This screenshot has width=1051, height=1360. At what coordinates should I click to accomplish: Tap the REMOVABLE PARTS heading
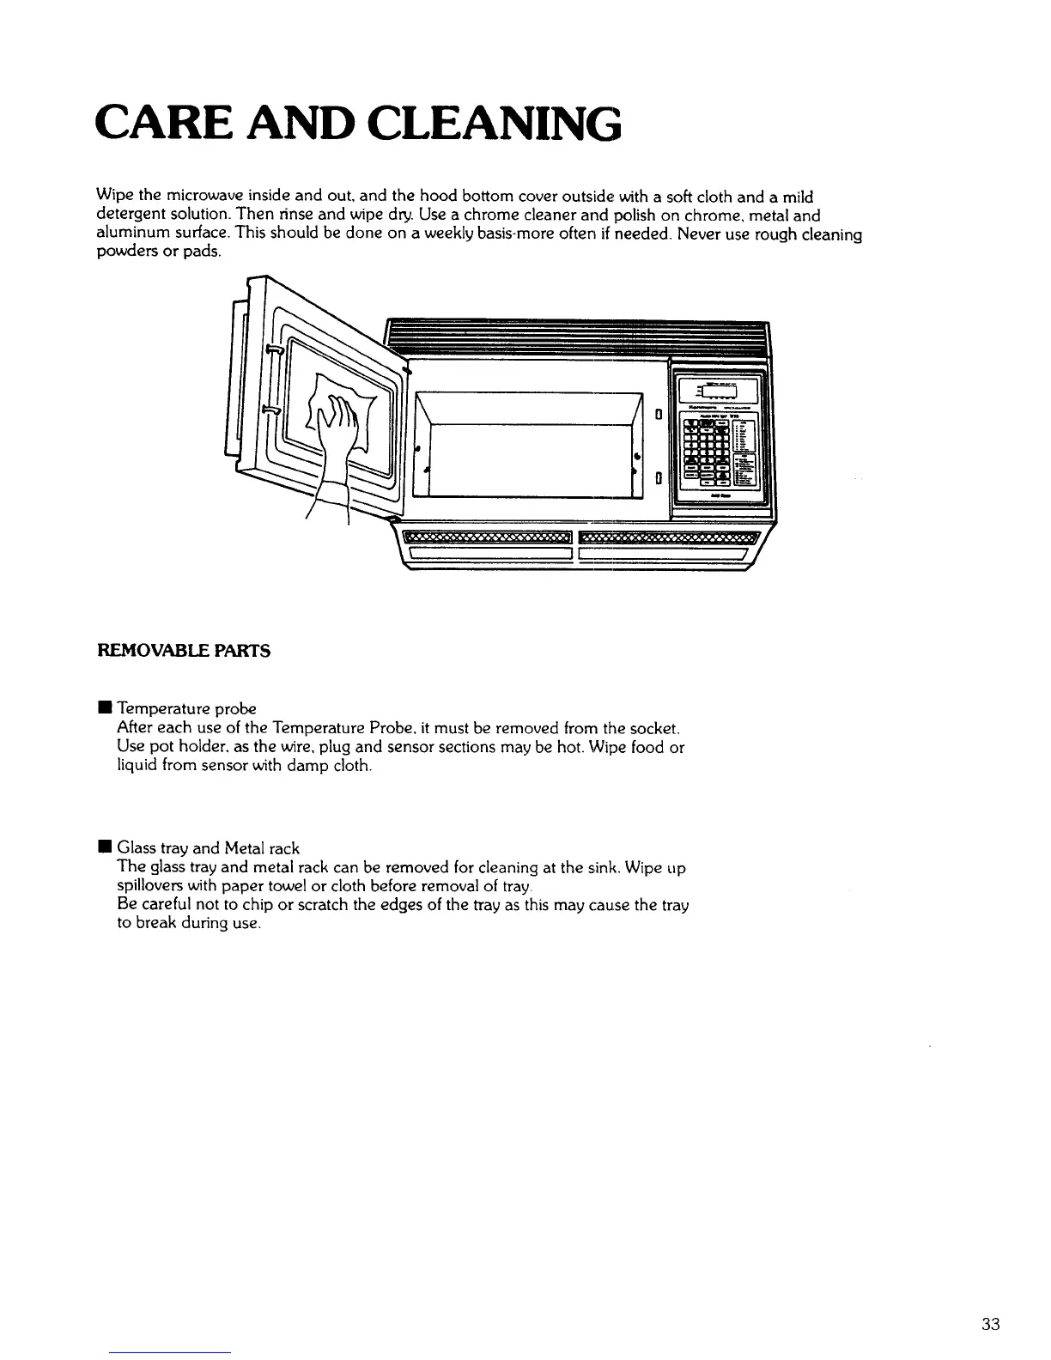pyautogui.click(x=185, y=651)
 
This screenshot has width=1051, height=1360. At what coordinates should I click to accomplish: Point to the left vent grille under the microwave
pyautogui.click(x=486, y=538)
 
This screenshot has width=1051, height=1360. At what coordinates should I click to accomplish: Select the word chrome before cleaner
pyautogui.click(x=494, y=215)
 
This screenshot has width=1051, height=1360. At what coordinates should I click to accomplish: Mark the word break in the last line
pyautogui.click(x=155, y=925)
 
